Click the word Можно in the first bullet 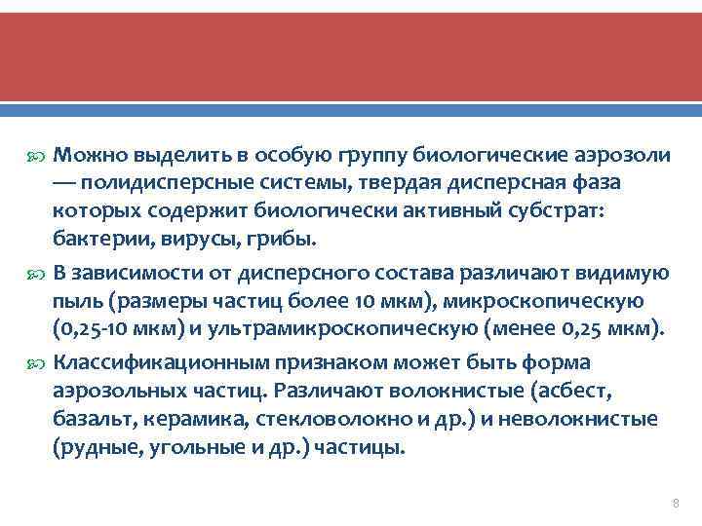86,154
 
